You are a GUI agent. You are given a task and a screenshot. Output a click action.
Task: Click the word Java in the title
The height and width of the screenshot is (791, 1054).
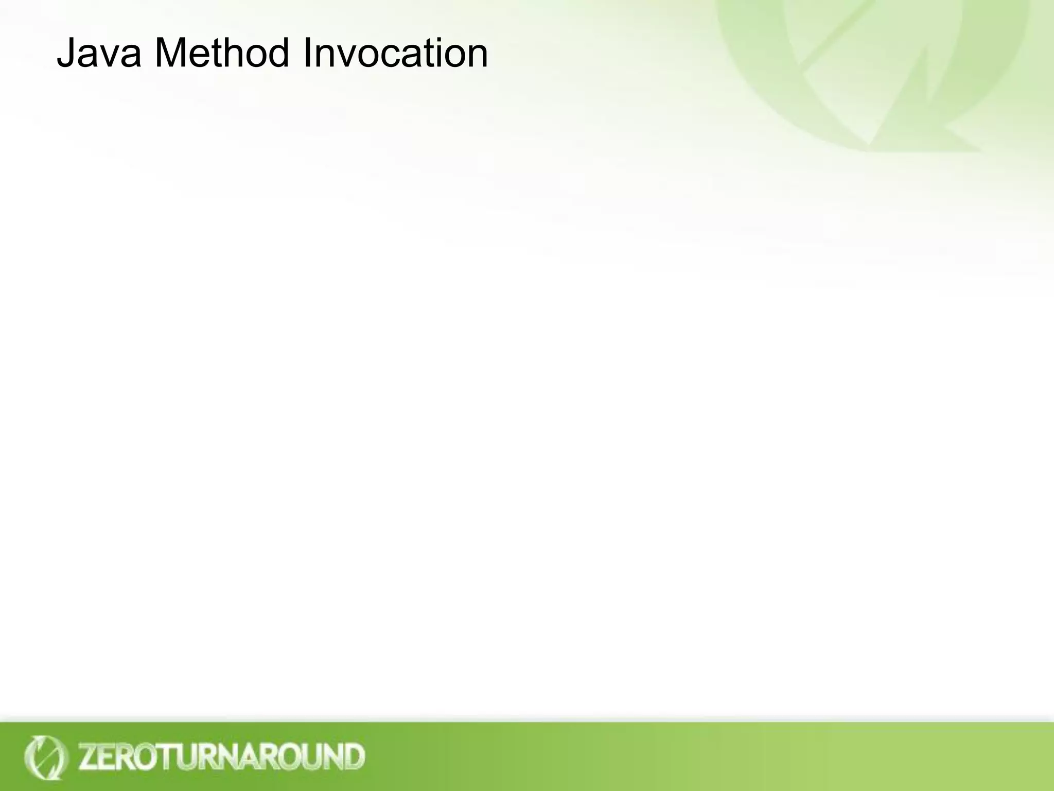(98, 54)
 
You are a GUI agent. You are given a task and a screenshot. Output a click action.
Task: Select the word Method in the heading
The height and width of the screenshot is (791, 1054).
(221, 54)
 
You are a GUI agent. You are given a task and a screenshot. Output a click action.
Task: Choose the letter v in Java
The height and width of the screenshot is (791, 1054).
(111, 57)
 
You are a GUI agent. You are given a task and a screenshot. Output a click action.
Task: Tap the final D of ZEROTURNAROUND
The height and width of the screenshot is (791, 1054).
(354, 756)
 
